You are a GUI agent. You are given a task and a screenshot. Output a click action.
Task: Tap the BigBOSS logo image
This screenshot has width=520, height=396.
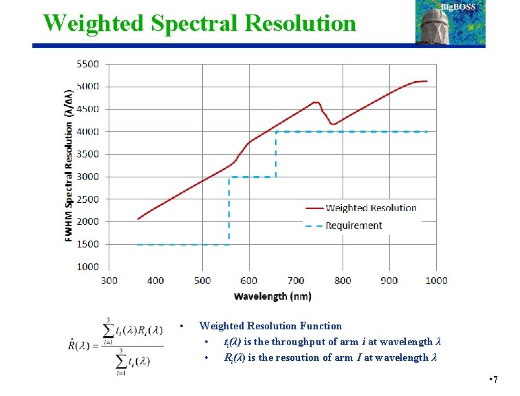point(450,23)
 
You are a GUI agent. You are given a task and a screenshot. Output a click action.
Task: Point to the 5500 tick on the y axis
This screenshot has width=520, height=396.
point(87,64)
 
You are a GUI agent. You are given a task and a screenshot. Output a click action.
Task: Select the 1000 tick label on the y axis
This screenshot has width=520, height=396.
point(87,267)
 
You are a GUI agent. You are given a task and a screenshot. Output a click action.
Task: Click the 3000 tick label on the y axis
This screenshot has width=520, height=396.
point(87,177)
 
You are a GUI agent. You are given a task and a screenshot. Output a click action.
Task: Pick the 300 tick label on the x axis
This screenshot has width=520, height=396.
point(109,280)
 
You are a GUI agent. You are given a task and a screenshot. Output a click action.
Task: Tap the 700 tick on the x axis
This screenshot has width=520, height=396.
point(296,280)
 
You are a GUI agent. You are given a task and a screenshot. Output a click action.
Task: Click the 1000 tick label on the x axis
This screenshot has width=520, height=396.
point(436,280)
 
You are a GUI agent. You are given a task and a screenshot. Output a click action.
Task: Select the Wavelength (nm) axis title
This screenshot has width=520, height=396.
point(272,296)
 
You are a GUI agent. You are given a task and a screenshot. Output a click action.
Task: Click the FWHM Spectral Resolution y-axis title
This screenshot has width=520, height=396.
point(69,165)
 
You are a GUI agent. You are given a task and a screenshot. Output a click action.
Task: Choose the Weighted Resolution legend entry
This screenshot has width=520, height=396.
point(371,208)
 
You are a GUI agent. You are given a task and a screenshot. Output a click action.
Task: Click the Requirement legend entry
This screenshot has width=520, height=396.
point(354,225)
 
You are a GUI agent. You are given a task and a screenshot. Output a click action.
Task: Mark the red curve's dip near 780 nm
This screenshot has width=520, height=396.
point(333,124)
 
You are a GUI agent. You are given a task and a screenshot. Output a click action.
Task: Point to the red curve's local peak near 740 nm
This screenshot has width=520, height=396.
point(316,102)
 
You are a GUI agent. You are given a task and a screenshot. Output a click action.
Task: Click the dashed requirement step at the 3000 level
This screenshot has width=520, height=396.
point(252,177)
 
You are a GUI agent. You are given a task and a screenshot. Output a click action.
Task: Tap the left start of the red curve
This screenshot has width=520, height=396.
point(138,219)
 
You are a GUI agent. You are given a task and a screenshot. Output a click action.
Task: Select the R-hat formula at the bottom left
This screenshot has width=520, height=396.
point(116,345)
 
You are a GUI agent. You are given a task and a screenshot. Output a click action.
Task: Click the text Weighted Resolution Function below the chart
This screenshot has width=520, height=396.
point(270,326)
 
